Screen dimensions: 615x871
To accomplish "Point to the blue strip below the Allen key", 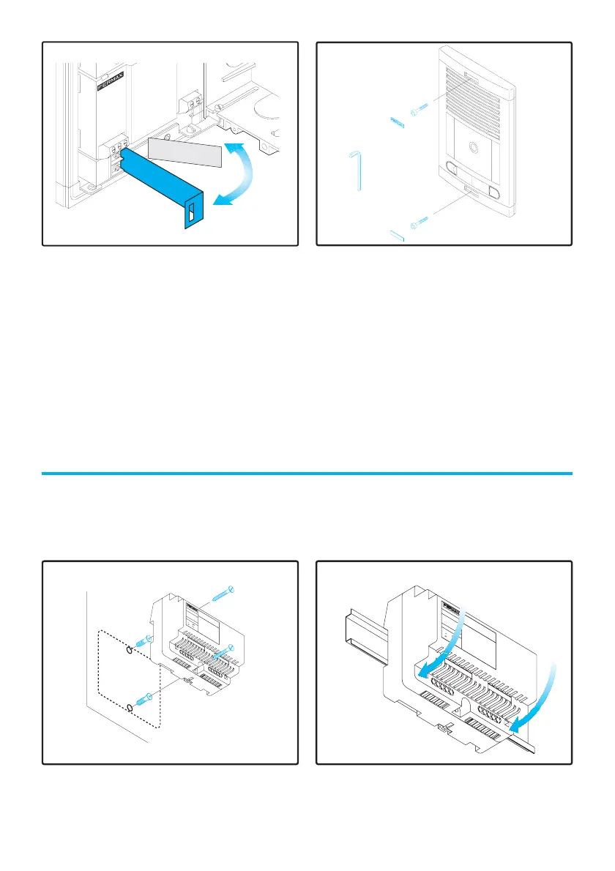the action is coord(396,235).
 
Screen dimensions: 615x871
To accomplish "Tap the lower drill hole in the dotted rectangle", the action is coord(130,707).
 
